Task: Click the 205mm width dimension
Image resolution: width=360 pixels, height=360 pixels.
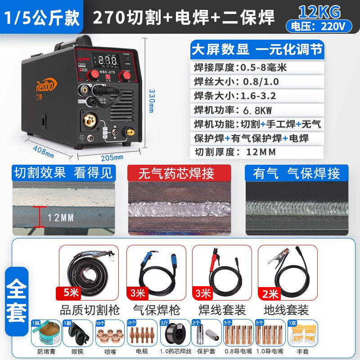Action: click(112, 157)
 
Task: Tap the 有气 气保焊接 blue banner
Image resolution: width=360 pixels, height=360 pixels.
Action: click(297, 173)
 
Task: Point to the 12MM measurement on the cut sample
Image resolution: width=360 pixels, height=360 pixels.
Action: click(60, 218)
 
